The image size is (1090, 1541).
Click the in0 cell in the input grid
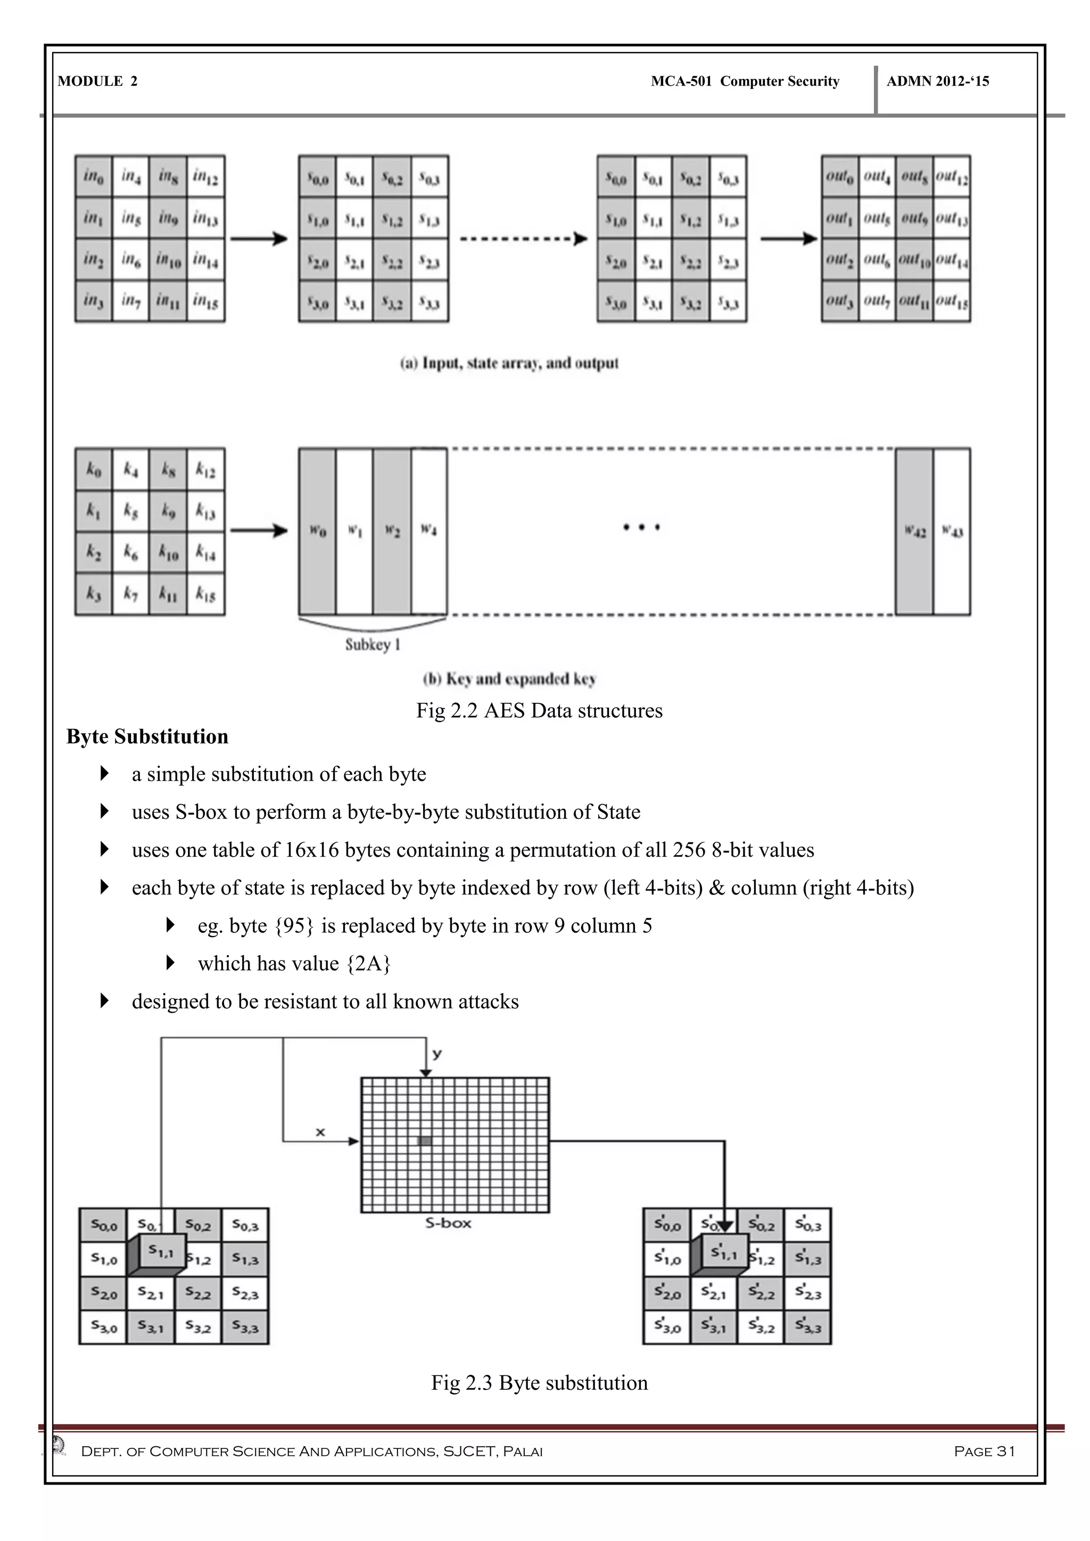pyautogui.click(x=93, y=177)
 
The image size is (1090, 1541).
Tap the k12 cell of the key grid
pyautogui.click(x=205, y=470)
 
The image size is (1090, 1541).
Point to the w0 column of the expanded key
pyautogui.click(x=317, y=531)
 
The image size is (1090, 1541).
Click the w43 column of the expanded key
pyautogui.click(x=952, y=531)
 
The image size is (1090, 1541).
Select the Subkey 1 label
pyautogui.click(x=373, y=644)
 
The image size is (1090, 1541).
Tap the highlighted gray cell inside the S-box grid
pyautogui.click(x=425, y=1140)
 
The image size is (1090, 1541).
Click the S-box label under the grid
pyautogui.click(x=448, y=1223)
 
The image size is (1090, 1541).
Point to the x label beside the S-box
pyautogui.click(x=320, y=1132)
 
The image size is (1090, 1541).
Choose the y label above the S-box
pyautogui.click(x=437, y=1054)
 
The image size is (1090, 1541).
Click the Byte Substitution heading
pyautogui.click(x=147, y=736)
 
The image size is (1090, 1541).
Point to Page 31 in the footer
pyautogui.click(x=985, y=1451)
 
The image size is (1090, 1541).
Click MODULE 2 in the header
pyautogui.click(x=97, y=81)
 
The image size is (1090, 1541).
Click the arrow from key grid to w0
pyautogui.click(x=259, y=531)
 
